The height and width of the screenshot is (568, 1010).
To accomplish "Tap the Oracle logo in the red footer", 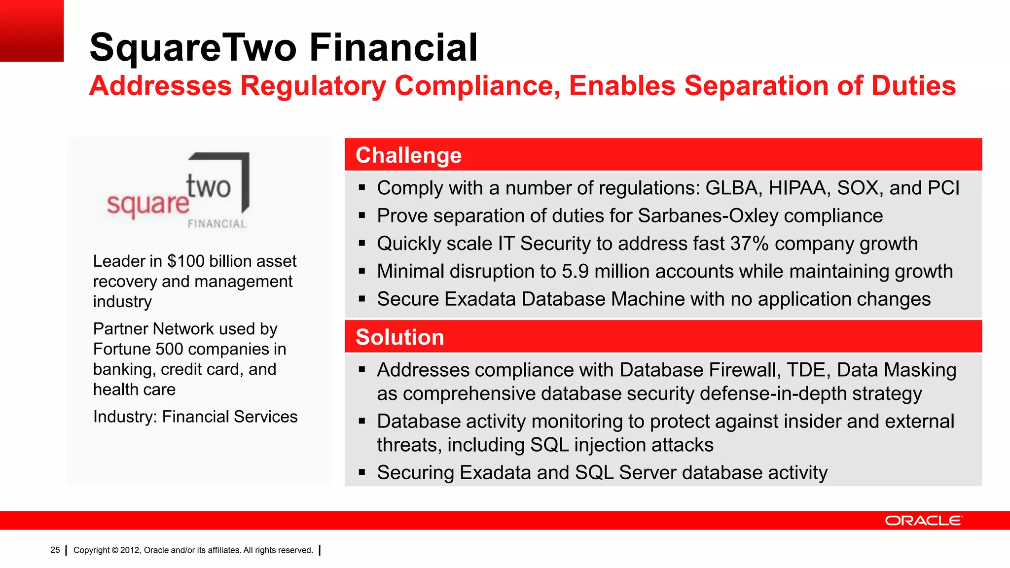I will coord(923,521).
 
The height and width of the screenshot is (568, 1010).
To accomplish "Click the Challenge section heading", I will coord(408,155).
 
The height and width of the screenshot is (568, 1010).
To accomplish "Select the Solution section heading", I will coord(399,337).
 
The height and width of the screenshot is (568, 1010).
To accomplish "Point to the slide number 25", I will coord(55,550).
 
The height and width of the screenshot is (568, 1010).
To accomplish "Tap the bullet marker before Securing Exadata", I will coord(362,472).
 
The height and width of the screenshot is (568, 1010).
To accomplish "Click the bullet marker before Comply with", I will coord(362,188).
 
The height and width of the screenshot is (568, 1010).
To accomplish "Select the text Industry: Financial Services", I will coord(195,417).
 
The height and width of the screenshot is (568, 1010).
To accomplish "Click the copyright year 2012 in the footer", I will coord(130,550).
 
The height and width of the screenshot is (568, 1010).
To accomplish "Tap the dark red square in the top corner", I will coord(32,31).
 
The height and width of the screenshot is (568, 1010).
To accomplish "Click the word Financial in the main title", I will coord(393,47).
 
